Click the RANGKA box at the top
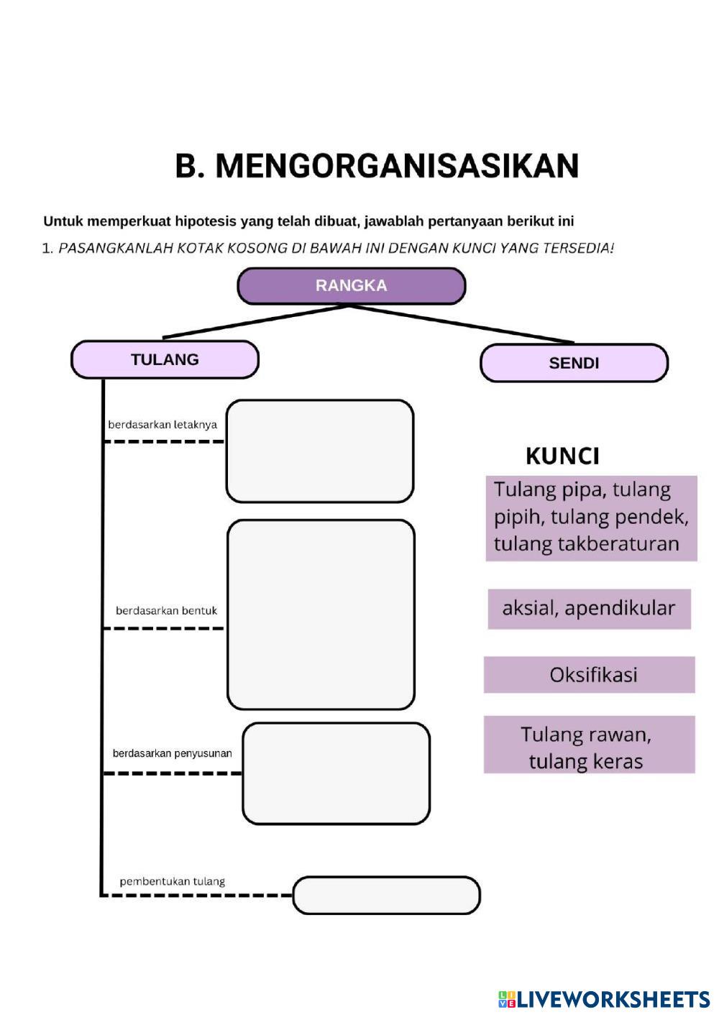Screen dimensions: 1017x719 click(351, 286)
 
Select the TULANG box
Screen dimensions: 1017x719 click(165, 359)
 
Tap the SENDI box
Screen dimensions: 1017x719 click(574, 363)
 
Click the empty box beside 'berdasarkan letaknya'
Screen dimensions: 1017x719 click(320, 451)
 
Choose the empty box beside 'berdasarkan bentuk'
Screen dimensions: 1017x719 click(321, 615)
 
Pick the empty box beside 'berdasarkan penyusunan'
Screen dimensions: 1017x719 click(336, 773)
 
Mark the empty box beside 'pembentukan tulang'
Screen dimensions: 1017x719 click(386, 896)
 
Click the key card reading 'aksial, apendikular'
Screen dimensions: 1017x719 click(589, 609)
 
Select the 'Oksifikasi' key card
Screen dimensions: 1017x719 click(590, 675)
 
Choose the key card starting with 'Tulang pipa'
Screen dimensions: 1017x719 click(591, 517)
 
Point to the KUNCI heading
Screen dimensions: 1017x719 click(562, 456)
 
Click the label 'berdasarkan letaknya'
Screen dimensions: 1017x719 click(162, 425)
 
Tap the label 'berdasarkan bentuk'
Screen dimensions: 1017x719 click(166, 611)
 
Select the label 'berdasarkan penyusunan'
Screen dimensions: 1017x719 click(172, 753)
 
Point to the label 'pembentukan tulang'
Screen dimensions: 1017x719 click(173, 881)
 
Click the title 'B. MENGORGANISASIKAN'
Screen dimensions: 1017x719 click(377, 166)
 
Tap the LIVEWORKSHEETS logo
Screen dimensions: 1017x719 click(604, 999)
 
